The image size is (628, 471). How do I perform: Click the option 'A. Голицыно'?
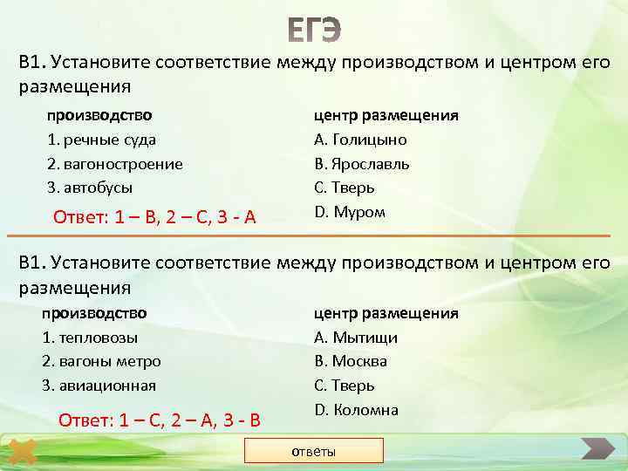(x=360, y=140)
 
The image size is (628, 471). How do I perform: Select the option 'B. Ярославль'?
(x=362, y=164)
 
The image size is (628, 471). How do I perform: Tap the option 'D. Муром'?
(x=349, y=212)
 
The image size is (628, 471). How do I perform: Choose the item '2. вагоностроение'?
(x=114, y=164)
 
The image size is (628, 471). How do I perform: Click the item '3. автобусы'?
(x=90, y=188)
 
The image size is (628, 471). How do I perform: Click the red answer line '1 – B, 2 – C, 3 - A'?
(x=154, y=217)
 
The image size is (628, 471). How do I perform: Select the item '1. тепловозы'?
(x=90, y=338)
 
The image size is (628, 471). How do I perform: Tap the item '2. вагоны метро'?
(x=101, y=361)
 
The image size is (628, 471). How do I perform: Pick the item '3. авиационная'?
(x=99, y=386)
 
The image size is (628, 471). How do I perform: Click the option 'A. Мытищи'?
(x=356, y=338)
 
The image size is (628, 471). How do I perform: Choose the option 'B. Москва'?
(x=351, y=361)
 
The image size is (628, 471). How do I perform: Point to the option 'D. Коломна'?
(x=356, y=410)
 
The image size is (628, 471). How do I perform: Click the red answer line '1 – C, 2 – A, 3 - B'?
(x=159, y=420)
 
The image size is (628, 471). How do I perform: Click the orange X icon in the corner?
(x=23, y=453)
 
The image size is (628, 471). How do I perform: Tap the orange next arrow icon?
(x=597, y=451)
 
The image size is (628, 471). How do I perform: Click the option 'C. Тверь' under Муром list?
(x=345, y=188)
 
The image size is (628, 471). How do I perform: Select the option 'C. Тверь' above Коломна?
(x=345, y=386)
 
